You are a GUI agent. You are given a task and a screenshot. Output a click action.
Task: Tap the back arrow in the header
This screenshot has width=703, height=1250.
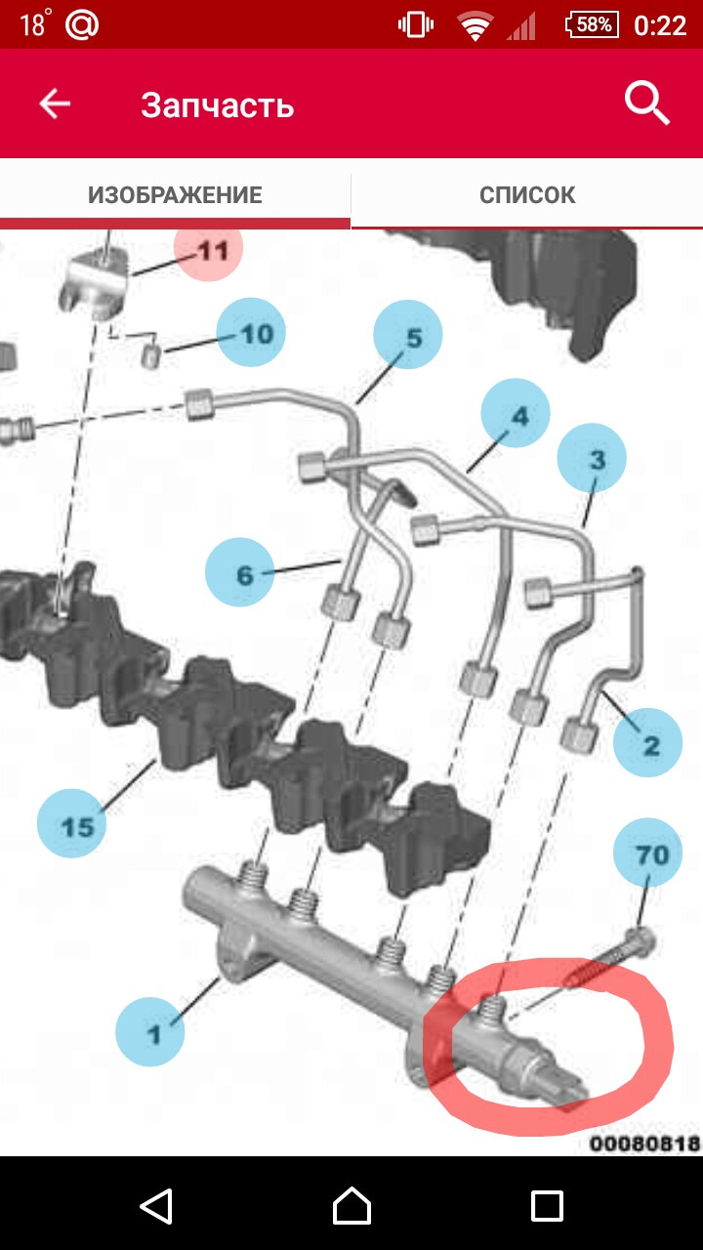(55, 104)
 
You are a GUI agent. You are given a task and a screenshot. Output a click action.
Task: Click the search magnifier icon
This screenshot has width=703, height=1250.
(646, 103)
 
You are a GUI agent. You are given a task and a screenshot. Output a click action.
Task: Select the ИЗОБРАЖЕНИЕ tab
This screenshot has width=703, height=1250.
(175, 194)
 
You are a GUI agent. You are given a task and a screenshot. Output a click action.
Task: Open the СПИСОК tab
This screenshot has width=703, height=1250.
(527, 194)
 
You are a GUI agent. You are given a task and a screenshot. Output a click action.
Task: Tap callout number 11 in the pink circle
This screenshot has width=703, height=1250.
(208, 248)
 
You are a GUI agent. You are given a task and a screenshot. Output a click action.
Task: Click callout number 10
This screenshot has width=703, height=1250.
(251, 333)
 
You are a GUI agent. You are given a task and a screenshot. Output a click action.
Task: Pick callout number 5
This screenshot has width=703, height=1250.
(408, 335)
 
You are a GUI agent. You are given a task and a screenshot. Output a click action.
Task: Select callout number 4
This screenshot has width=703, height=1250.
(516, 413)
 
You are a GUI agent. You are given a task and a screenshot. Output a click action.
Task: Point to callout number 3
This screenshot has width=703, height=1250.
(592, 458)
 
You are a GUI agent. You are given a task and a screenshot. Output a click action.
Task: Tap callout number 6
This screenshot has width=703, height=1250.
(240, 572)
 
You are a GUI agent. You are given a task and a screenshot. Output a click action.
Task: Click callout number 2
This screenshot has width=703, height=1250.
(647, 742)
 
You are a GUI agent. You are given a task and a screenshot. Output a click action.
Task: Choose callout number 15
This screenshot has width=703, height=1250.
(71, 823)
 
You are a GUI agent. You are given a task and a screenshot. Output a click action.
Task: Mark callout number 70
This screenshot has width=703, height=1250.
(647, 853)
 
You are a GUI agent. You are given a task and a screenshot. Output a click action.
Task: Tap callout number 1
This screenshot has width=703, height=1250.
(150, 1032)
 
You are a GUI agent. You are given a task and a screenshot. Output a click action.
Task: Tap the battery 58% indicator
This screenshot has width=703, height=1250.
(593, 25)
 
